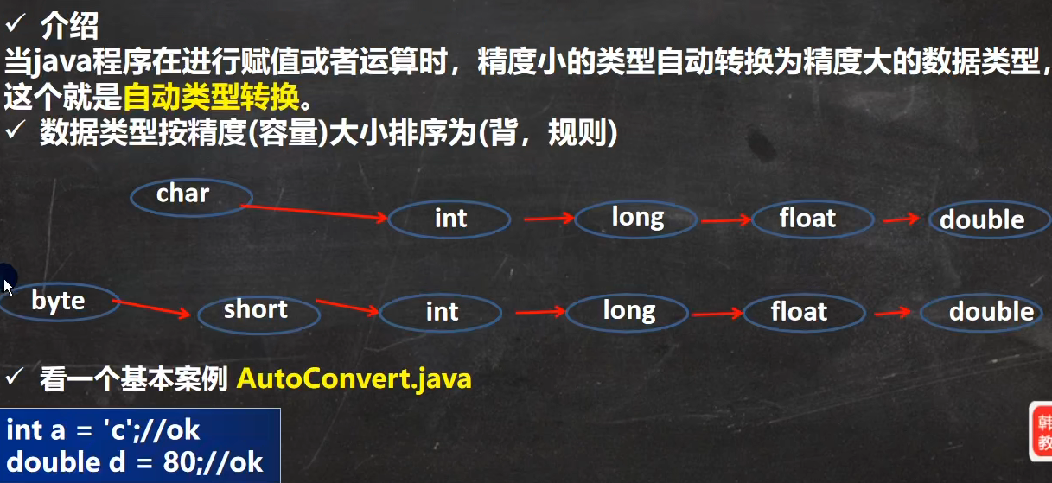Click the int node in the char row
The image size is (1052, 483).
point(449,219)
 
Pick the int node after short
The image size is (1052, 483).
point(440,312)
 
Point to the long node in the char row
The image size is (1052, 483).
point(637,218)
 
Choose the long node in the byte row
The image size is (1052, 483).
point(628,311)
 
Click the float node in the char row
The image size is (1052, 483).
point(807,219)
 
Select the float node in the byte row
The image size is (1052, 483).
point(799,311)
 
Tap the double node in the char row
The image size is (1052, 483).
point(982,220)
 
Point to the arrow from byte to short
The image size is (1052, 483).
point(152,308)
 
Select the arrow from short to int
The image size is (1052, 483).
point(347,307)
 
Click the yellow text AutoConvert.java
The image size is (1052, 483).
point(354,378)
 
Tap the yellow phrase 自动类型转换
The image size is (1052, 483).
point(211,97)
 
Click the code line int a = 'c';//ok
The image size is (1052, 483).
point(103,429)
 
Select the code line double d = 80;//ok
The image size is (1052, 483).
point(134,462)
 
